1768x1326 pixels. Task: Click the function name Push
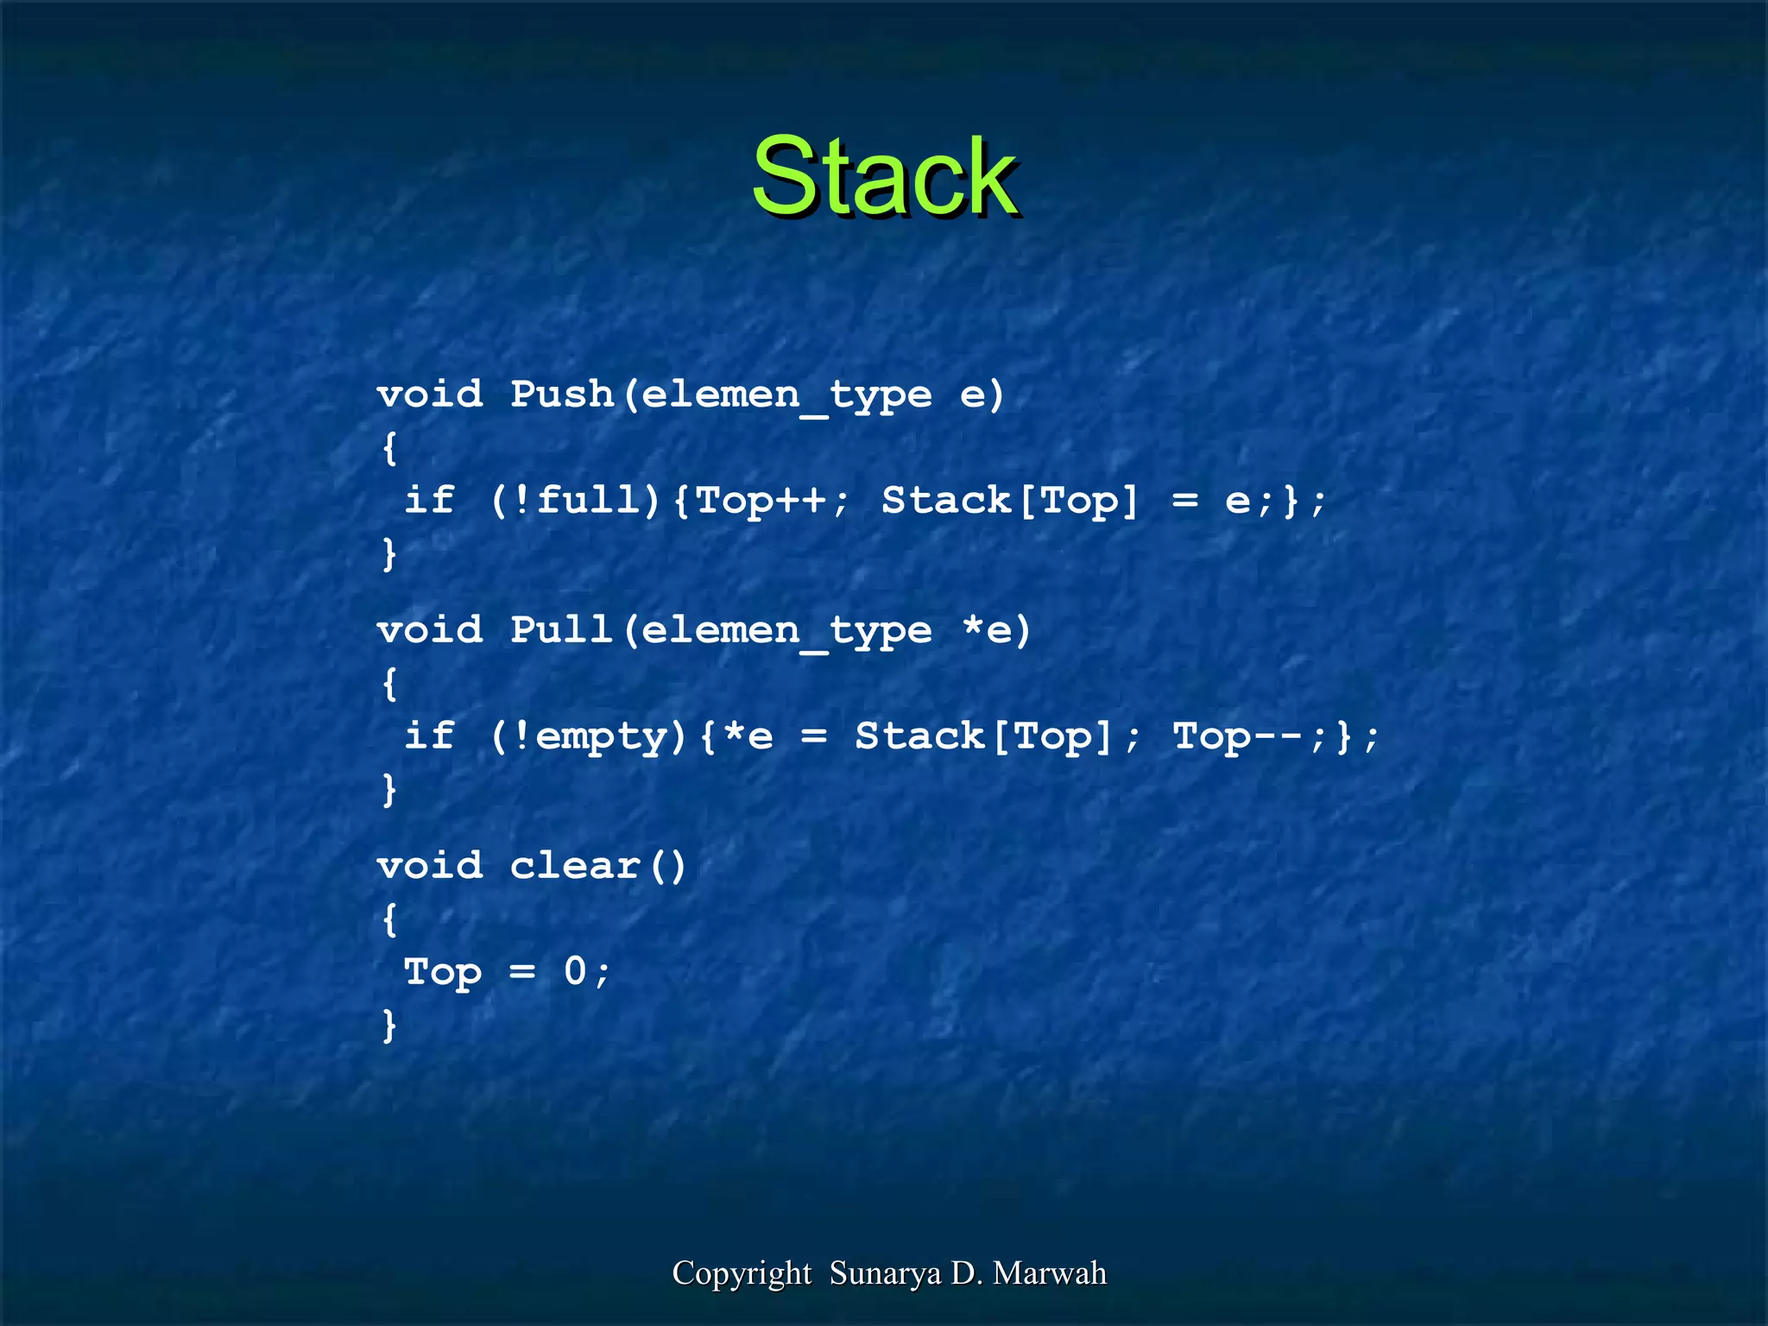(x=562, y=395)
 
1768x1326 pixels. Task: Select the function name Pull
(x=562, y=630)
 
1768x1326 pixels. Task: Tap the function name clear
(x=575, y=866)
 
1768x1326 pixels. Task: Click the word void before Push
(x=430, y=395)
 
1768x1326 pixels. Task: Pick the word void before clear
(x=430, y=866)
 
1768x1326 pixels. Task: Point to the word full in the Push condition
(x=589, y=500)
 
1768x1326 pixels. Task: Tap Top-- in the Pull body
(x=1238, y=736)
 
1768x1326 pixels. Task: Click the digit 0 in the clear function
(x=576, y=971)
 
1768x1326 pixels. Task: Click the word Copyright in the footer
(x=742, y=1273)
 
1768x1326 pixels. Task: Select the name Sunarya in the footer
(x=885, y=1273)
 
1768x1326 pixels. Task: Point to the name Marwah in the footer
(x=1050, y=1273)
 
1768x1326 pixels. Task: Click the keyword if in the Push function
(x=429, y=500)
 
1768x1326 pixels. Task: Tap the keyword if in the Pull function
(x=429, y=736)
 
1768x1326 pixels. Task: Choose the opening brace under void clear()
(x=390, y=919)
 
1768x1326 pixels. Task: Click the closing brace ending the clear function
(x=390, y=1026)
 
